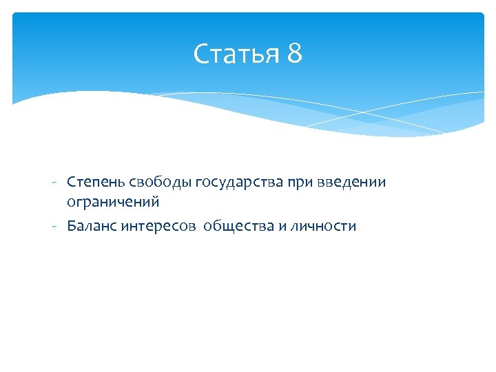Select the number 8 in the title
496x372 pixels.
click(x=294, y=54)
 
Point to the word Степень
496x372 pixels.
click(x=95, y=183)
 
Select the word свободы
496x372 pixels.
click(x=160, y=183)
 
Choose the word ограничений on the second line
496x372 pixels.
click(x=113, y=202)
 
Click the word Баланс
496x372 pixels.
click(x=92, y=226)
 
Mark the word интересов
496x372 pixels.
click(x=159, y=226)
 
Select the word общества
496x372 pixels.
click(x=238, y=226)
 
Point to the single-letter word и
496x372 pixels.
click(x=282, y=226)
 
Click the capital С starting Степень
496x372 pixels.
click(x=71, y=183)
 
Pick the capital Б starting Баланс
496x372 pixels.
click(x=72, y=226)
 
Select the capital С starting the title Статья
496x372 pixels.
click(x=200, y=54)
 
